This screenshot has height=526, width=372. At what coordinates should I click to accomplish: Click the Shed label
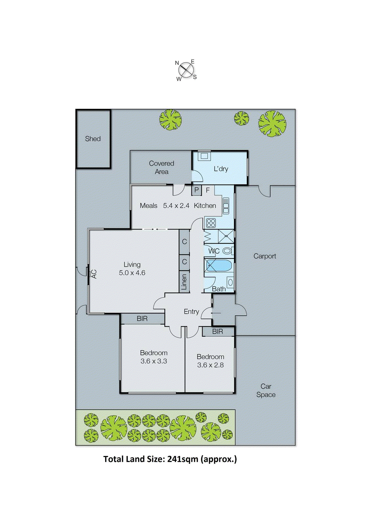coord(93,139)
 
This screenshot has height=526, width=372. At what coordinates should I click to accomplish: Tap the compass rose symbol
coord(186,70)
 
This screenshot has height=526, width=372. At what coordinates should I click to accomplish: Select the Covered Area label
coord(162,167)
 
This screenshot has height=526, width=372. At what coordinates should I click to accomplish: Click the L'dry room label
coord(221,169)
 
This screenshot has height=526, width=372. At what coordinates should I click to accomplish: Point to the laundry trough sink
coord(204,156)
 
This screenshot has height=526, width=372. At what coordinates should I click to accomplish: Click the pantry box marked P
coord(196,190)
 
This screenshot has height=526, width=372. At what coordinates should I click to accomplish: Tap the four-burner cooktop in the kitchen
coord(211,223)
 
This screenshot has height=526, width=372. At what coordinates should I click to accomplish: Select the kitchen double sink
coord(226,206)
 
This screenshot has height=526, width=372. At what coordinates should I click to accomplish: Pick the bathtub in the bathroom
coord(218,266)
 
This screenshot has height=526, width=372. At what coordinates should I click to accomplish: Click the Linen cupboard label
coord(184,282)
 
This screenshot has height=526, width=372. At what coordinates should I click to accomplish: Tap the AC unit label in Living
coord(94,274)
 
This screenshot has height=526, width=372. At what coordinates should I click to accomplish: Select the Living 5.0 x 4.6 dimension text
coord(132,273)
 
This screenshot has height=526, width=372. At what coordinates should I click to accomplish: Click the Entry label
coord(191,312)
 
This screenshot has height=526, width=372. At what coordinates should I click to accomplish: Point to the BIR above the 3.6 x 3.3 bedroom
coord(142,319)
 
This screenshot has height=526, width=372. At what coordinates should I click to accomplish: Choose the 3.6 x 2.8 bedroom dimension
coord(210,365)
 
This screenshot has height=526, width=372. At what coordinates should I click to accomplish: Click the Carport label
coord(265,256)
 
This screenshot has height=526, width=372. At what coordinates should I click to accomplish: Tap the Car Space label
coord(266,391)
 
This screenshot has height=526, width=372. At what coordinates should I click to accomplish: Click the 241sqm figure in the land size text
coord(183,459)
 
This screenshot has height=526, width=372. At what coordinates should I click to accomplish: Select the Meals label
coord(148,206)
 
